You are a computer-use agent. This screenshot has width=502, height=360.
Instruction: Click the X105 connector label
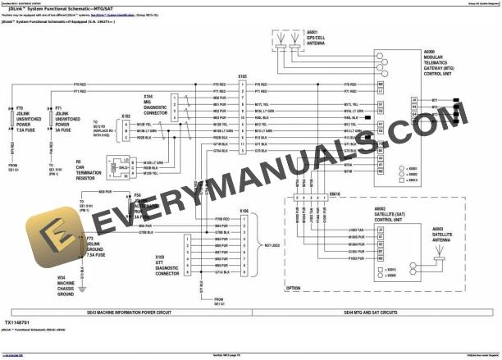pyautogui.click(x=243, y=75)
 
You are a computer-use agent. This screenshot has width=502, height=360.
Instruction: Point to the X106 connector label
pyautogui.click(x=244, y=212)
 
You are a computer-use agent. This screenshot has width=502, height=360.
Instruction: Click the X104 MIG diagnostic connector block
pyautogui.click(x=175, y=107)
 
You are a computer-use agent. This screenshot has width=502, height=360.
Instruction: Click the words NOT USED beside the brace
pyautogui.click(x=276, y=244)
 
